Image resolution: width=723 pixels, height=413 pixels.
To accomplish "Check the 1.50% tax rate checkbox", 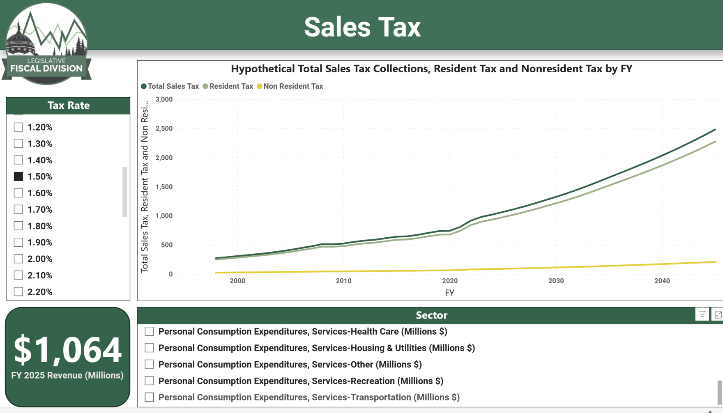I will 18,177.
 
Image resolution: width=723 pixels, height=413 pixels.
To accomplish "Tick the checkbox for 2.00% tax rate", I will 18,259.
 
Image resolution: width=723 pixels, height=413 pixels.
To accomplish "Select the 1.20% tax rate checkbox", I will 18,127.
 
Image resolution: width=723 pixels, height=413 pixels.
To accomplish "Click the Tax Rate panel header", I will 68,106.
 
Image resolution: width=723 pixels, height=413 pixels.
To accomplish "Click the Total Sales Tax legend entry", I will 170,86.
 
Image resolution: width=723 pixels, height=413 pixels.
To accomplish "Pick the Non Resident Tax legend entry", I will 290,86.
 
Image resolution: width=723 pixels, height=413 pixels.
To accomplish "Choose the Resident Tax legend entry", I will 228,86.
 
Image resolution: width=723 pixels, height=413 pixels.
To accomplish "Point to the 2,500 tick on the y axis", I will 164,128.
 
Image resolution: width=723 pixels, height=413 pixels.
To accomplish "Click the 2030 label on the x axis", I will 556,281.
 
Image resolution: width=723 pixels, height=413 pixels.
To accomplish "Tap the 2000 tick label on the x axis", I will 237,281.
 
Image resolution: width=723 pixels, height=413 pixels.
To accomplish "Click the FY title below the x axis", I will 449,293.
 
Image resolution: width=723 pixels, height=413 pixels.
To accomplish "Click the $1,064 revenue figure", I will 68,350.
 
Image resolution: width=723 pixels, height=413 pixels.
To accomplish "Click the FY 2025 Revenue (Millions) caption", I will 67,375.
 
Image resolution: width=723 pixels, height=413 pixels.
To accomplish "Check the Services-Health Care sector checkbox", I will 150,331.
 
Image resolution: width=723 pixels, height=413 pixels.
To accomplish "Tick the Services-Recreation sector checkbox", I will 150,381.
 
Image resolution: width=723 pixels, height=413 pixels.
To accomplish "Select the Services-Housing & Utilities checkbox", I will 150,348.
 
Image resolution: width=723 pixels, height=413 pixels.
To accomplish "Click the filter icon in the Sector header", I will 702,314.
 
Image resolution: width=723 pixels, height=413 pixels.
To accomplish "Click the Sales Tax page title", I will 362,27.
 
